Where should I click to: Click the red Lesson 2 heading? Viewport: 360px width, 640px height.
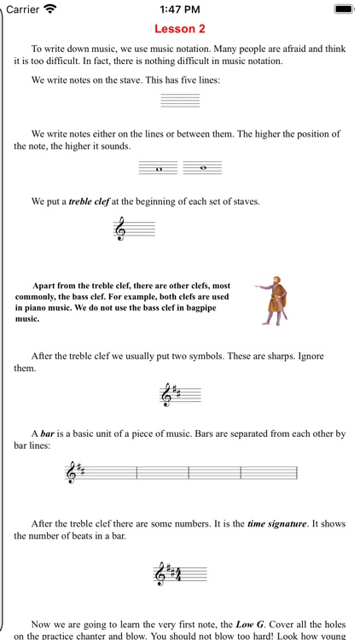(180, 28)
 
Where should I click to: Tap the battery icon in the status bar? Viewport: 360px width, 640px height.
(344, 9)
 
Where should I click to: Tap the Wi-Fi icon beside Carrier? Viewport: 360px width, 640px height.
(50, 9)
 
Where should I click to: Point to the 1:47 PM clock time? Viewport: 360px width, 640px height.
(179, 9)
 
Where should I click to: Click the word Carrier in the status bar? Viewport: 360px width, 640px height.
(22, 9)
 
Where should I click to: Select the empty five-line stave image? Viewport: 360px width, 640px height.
(180, 100)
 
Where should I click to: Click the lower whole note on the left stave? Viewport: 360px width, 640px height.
(160, 170)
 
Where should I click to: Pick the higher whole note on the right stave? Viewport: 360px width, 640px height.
(202, 167)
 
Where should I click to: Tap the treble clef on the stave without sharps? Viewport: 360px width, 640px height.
(120, 230)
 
